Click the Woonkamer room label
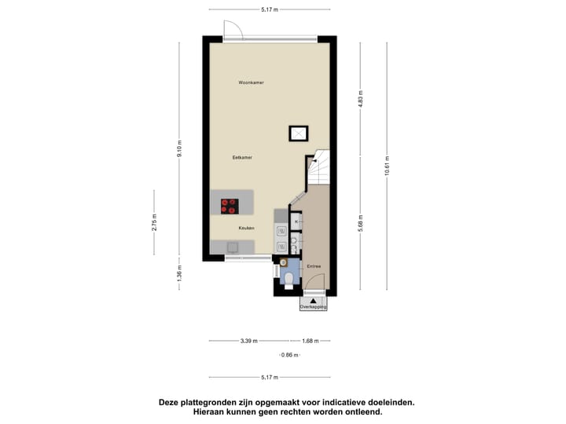(251, 82)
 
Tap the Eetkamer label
(242, 158)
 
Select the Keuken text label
(247, 228)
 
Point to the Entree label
(314, 266)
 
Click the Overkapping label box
(313, 307)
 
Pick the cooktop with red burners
(229, 206)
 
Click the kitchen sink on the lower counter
(232, 247)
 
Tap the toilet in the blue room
(289, 278)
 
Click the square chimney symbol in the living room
(298, 133)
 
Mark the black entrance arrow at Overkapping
(313, 299)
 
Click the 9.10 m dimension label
(179, 152)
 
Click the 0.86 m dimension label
(291, 356)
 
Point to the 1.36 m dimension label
(179, 275)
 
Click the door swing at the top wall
(233, 30)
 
